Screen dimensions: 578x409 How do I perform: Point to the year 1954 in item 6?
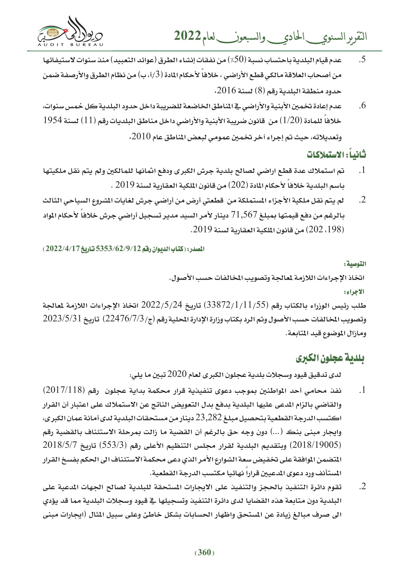[x=53, y=120]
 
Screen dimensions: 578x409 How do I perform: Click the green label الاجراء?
[x=355, y=292]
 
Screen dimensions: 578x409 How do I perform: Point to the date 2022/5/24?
[x=161, y=305]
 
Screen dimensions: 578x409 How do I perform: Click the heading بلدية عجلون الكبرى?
[x=330, y=358]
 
